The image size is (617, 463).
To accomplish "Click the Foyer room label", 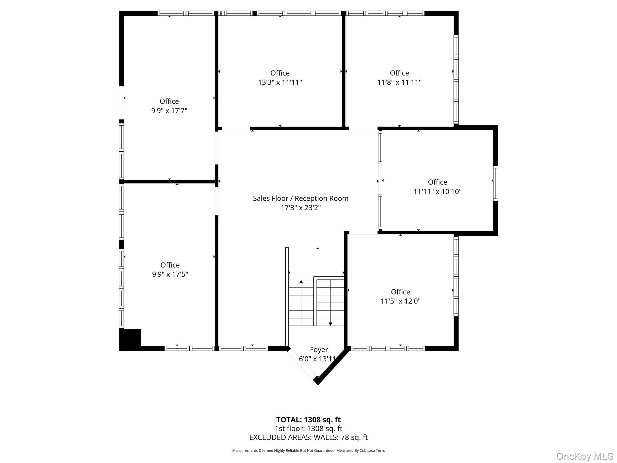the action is pos(319,350).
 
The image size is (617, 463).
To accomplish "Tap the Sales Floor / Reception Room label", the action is pos(301,198).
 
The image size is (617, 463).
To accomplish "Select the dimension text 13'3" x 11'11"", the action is pos(280,82).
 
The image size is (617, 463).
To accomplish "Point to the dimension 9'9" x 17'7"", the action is pos(169,111).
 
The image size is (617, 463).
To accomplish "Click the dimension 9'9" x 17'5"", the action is pos(170,274).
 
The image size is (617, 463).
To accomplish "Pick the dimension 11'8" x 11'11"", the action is pos(399,82).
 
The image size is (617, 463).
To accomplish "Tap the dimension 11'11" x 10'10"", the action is pos(437,191).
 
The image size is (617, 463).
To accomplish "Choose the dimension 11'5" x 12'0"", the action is pos(400,301).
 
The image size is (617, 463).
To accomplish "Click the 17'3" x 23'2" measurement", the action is pos(301,208).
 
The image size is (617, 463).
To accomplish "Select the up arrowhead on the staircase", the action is pos(301,282).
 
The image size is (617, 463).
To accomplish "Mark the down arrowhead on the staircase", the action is pos(330,324).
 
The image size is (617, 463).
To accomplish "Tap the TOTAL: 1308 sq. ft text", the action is pos(308,420).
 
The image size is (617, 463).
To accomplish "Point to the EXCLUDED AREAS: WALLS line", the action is pos(308,437).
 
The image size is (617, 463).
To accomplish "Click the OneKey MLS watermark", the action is pos(585,456).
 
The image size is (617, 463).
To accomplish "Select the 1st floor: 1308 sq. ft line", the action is pos(308,429).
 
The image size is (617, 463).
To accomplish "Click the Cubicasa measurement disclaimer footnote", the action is pos(308,451).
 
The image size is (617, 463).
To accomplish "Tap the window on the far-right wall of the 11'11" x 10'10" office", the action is pos(496,183).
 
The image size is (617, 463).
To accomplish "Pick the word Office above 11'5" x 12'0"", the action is pos(400,292).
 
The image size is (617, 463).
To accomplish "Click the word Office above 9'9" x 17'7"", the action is pos(169,101).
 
